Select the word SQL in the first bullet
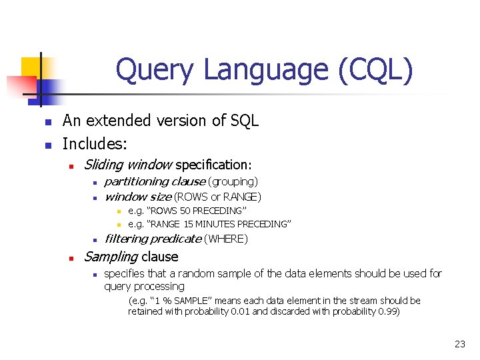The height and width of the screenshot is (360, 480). pyautogui.click(x=243, y=121)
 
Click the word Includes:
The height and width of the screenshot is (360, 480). pyautogui.click(x=95, y=143)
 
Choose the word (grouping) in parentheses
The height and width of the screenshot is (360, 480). pyautogui.click(x=233, y=181)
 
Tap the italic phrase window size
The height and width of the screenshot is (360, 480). pyautogui.click(x=138, y=197)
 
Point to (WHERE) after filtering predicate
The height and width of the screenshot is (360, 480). pyautogui.click(x=226, y=239)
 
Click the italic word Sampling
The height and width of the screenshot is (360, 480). pyautogui.click(x=111, y=257)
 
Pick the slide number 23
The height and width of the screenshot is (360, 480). pyautogui.click(x=459, y=344)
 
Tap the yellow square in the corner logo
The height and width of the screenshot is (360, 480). pyautogui.click(x=31, y=67)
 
